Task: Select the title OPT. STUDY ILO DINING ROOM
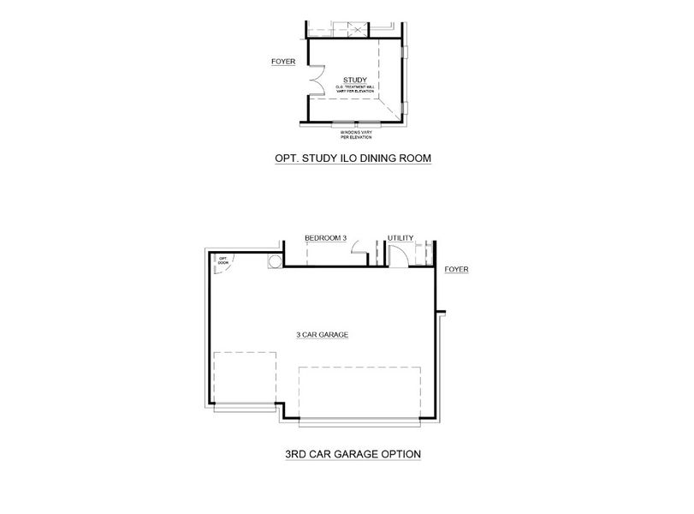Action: pos(347,158)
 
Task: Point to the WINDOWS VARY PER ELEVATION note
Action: pos(353,134)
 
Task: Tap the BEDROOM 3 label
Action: pos(325,238)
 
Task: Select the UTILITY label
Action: pos(400,238)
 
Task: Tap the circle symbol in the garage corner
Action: pos(275,261)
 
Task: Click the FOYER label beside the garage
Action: pos(456,270)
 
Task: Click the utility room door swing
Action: pos(396,255)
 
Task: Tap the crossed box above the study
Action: pos(358,30)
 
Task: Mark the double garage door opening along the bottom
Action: pos(360,421)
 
